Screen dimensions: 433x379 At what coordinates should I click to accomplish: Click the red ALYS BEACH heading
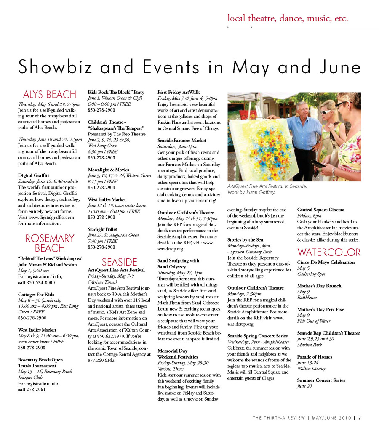(49, 94)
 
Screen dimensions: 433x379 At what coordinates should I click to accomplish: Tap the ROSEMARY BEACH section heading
(49, 243)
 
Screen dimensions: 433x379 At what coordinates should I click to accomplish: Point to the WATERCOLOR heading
(328, 252)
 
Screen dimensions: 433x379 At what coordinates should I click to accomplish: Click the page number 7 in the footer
(360, 418)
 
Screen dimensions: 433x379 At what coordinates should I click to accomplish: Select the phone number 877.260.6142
(101, 360)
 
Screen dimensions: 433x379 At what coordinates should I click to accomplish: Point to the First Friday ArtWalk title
(179, 92)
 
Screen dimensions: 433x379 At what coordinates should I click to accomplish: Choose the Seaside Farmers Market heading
(182, 140)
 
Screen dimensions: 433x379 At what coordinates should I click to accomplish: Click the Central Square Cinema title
(321, 210)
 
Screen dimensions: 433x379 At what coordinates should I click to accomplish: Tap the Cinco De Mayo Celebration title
(326, 262)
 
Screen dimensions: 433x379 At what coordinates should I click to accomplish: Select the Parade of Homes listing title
(315, 357)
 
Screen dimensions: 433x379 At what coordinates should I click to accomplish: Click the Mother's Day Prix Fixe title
(320, 309)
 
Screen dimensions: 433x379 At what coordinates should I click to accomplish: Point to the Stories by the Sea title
(245, 240)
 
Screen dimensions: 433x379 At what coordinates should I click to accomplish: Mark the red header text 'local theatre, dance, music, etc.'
(288, 18)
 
